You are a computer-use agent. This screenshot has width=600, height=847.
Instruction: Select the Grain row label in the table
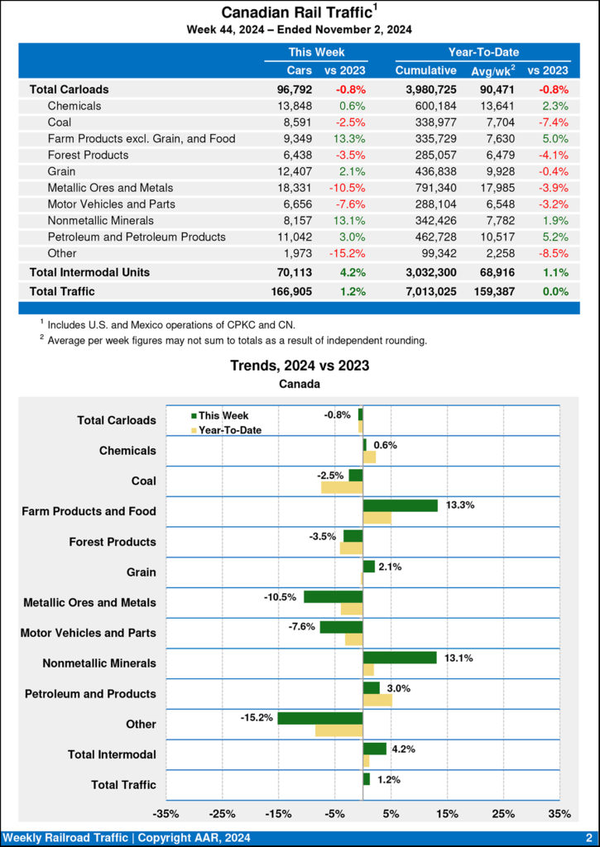pos(63,170)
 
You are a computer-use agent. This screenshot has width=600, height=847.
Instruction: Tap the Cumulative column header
pos(425,70)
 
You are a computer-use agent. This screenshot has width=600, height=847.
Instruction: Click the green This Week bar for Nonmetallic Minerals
pos(400,658)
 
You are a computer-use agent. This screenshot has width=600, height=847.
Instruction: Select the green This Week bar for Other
pos(319,718)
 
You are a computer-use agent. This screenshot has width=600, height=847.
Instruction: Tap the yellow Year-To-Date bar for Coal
pos(342,487)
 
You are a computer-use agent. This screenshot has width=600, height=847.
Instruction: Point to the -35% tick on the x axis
pos(167,814)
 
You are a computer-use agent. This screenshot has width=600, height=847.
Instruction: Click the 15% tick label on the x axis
pos(447,814)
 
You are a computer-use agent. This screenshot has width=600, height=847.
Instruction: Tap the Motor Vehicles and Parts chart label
pos(88,633)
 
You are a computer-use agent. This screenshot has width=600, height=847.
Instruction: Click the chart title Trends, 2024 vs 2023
pos(300,365)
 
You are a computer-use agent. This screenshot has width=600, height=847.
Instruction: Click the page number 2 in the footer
pos(588,838)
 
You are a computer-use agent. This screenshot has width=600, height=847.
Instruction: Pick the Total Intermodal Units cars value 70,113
pos(295,272)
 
